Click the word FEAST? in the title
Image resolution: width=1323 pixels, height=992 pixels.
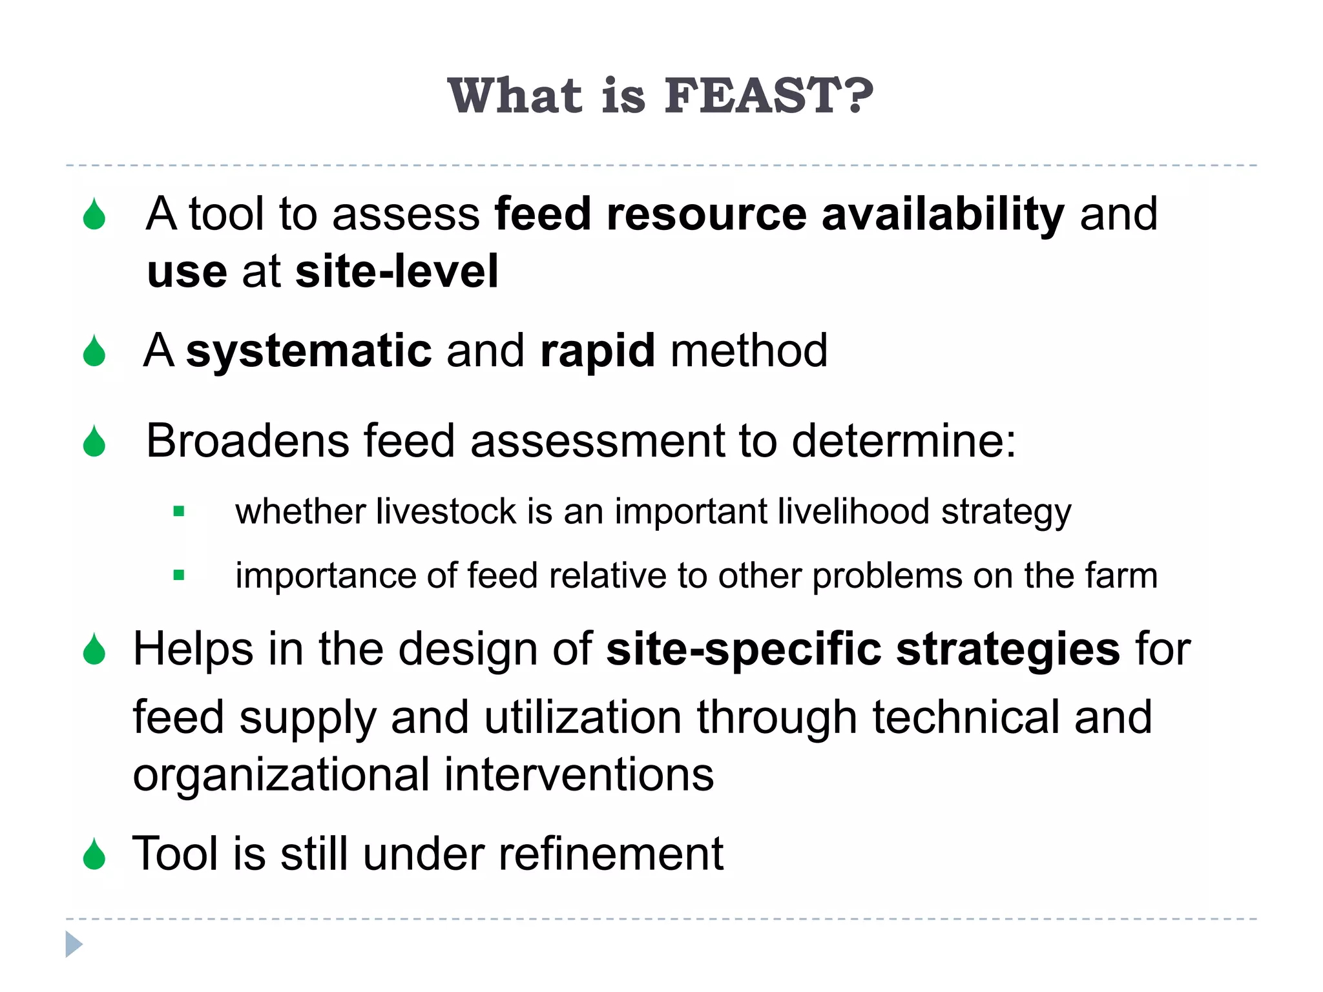tap(769, 96)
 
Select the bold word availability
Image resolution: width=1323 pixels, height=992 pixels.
tap(943, 214)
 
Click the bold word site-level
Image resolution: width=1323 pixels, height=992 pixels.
tap(397, 271)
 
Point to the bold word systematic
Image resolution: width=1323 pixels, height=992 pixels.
tap(309, 351)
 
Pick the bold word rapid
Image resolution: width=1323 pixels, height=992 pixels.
tap(598, 352)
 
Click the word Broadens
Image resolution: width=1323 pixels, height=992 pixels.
tap(247, 441)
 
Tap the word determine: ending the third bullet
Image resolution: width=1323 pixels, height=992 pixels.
tap(904, 441)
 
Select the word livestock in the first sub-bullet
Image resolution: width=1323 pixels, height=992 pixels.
tap(446, 512)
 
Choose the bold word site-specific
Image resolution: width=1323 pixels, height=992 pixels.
tap(743, 649)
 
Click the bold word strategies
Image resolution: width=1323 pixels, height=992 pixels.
tap(1008, 650)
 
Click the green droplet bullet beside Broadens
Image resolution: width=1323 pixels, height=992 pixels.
tap(94, 442)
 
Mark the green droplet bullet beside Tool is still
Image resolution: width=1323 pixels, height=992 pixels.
tap(94, 854)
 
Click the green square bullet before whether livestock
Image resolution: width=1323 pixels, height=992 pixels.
tap(179, 512)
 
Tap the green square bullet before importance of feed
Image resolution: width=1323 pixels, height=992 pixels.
tap(179, 575)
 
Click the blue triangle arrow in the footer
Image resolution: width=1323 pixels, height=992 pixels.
tap(74, 944)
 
